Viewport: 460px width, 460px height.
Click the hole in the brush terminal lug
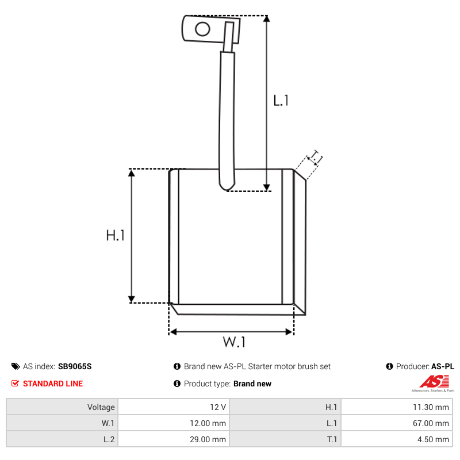pyautogui.click(x=202, y=29)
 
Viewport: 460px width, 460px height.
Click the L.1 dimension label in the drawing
pyautogui.click(x=281, y=101)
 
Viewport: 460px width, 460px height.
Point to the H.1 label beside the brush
pyautogui.click(x=116, y=235)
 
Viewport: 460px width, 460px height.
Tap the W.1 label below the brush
pyautogui.click(x=234, y=342)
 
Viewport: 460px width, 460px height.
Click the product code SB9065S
pyautogui.click(x=75, y=366)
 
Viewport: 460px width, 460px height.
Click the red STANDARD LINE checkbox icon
pyautogui.click(x=15, y=384)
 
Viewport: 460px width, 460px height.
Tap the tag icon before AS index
pyautogui.click(x=16, y=366)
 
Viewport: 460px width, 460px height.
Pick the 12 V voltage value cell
pyautogui.click(x=174, y=407)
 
